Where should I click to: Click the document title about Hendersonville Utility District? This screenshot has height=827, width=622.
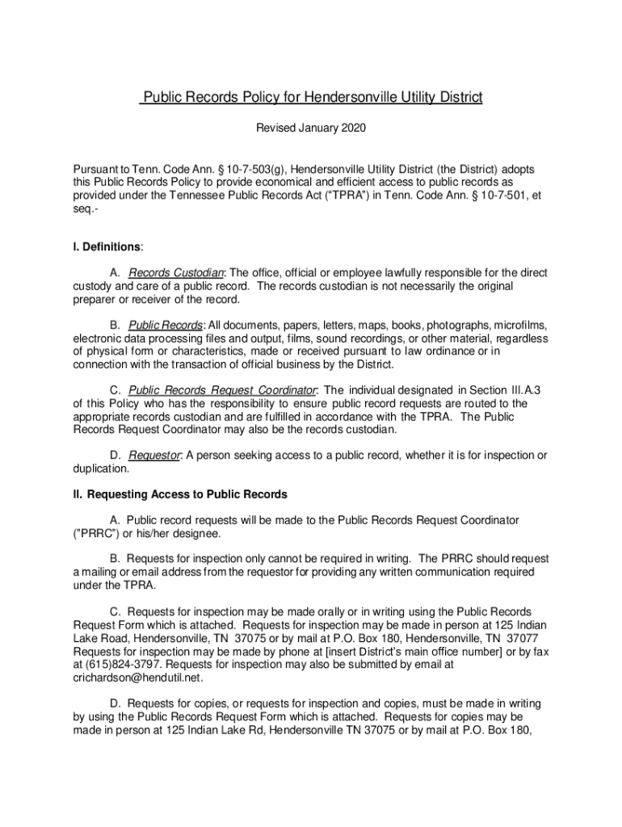[311, 99]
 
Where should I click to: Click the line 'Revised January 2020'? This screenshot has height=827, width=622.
[311, 128]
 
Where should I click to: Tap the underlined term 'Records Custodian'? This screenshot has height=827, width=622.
[176, 273]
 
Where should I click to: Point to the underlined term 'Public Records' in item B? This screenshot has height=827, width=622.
[166, 325]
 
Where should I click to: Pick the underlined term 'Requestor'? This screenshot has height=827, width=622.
[154, 455]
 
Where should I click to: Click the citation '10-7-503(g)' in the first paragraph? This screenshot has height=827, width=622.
[252, 170]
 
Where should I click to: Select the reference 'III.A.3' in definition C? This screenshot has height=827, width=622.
[520, 390]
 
